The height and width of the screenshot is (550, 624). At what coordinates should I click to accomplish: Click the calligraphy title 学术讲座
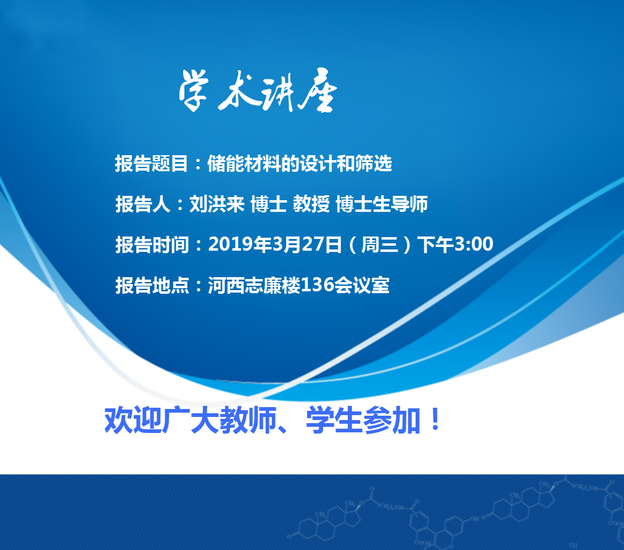[258, 91]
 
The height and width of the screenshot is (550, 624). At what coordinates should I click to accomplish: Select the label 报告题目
[152, 163]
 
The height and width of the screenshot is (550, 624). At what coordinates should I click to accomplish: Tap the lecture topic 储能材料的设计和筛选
[300, 163]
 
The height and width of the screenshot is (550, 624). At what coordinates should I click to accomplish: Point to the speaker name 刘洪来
[217, 204]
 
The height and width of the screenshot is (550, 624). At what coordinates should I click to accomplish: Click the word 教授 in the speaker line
[311, 204]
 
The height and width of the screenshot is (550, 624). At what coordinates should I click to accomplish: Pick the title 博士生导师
[382, 204]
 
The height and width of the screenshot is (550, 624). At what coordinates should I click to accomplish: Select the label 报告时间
[152, 245]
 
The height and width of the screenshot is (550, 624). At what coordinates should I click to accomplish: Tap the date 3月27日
[307, 244]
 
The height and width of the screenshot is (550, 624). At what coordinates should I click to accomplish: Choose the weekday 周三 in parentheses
[380, 245]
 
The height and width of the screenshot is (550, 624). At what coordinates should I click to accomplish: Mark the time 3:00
[474, 244]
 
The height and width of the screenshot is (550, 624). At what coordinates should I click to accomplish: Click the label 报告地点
[152, 285]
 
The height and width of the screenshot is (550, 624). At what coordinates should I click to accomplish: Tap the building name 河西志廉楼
[254, 285]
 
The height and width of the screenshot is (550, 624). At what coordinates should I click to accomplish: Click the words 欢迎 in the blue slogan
[133, 420]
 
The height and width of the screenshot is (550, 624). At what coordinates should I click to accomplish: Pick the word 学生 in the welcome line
[334, 420]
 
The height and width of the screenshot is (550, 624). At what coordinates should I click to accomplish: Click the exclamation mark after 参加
[435, 419]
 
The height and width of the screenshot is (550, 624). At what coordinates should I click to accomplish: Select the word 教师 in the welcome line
[248, 420]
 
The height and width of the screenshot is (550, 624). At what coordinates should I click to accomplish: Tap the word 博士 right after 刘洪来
[269, 204]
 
